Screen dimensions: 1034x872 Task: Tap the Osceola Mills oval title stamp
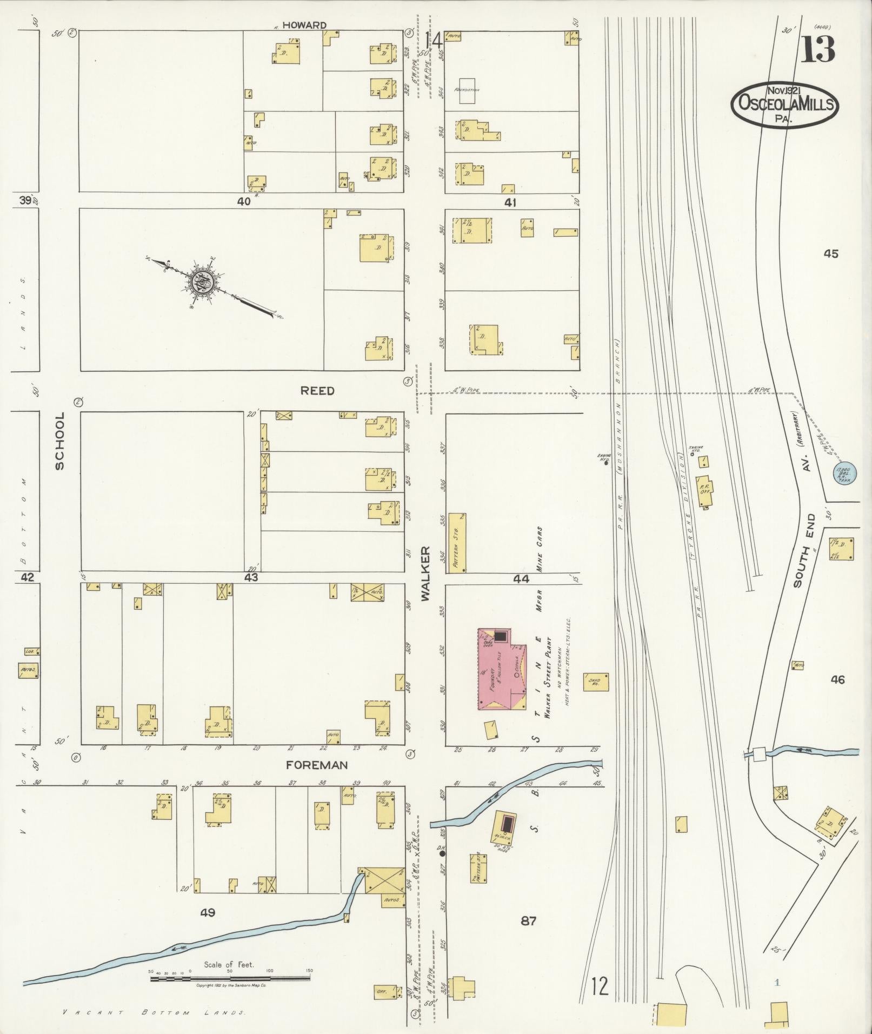[x=784, y=105]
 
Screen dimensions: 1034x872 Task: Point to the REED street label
[x=317, y=391]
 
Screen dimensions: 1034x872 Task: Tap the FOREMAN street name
[x=316, y=765]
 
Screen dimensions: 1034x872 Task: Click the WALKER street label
[x=425, y=574]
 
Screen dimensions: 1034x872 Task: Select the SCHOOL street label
[x=59, y=441]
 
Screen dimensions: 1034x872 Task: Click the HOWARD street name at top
[x=304, y=25]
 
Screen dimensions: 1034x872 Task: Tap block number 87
[x=528, y=920]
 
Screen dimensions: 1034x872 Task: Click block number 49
[x=208, y=912]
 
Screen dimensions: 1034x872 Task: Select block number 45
[x=831, y=253]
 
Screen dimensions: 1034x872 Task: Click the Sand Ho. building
[x=596, y=682]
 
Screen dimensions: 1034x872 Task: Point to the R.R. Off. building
[x=704, y=491]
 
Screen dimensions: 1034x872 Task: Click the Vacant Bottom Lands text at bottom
[x=154, y=1013]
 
